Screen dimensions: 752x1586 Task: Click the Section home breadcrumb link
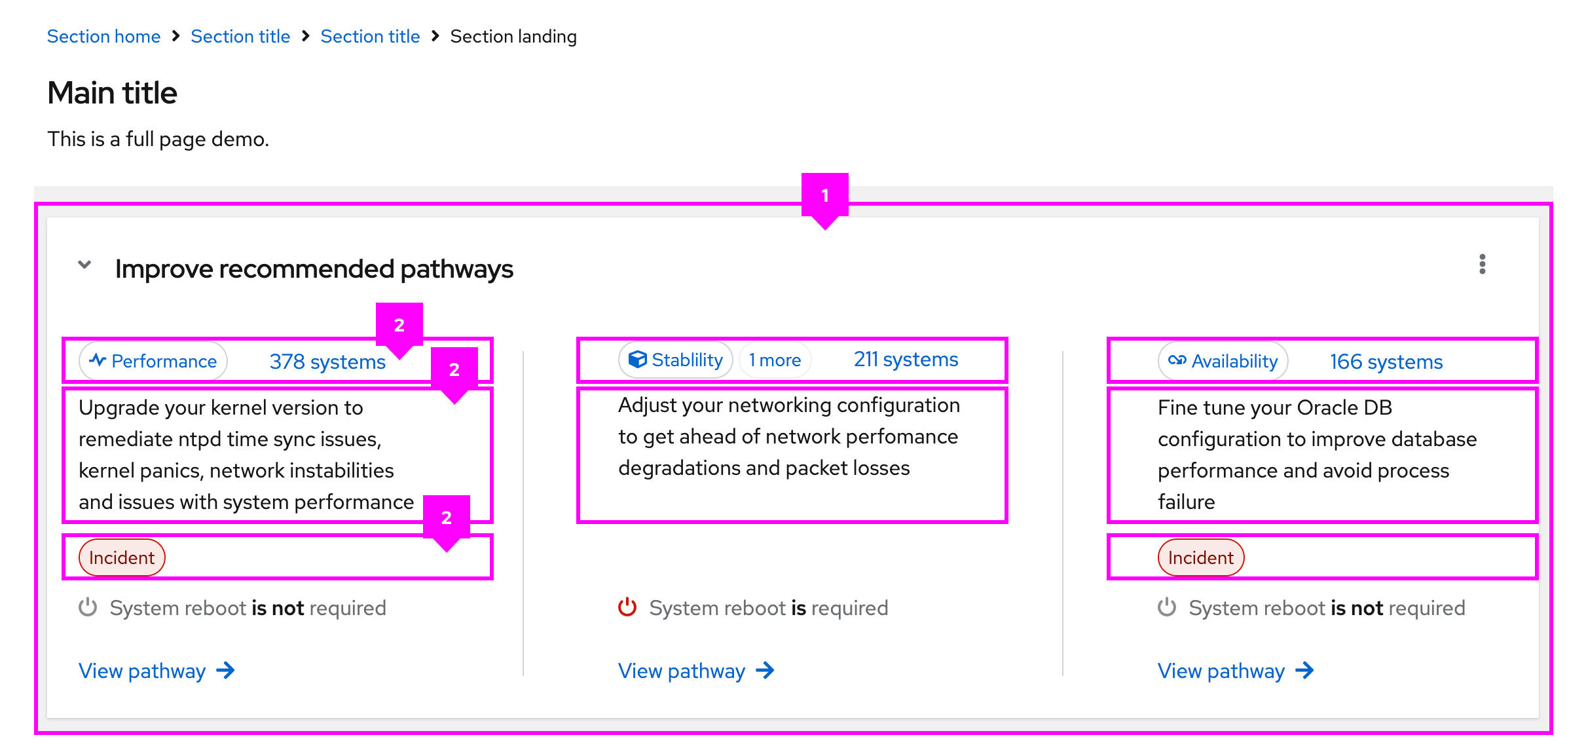point(103,37)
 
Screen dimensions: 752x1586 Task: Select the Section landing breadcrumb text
point(513,37)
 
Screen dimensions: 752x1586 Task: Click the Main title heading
point(112,92)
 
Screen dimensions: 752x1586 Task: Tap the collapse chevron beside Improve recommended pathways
point(84,265)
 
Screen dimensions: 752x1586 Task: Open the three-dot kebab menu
point(1482,264)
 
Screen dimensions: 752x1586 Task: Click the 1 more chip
point(775,360)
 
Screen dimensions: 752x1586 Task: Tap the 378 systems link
point(327,362)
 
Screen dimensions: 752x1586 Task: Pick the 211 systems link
point(906,360)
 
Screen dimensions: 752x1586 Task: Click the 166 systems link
point(1386,362)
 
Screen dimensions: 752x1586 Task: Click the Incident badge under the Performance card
point(122,557)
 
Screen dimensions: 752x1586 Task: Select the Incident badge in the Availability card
point(1200,557)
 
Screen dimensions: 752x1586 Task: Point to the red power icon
point(627,607)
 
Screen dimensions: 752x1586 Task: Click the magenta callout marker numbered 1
point(825,195)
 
